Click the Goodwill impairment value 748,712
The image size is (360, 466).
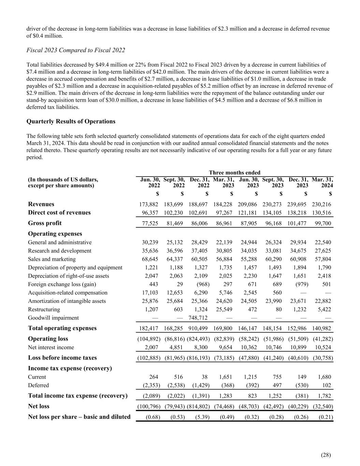point(198,318)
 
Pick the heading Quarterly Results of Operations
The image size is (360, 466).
point(71,122)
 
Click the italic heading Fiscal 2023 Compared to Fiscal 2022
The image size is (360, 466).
point(76,50)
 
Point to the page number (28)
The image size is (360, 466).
point(326,454)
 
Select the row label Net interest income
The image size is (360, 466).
point(51,348)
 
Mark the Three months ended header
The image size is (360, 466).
point(234,173)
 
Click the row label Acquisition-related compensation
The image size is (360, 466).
point(68,293)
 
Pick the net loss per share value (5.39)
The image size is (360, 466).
point(200,417)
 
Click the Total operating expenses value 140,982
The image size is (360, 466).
point(322,328)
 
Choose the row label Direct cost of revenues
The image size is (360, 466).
point(59,213)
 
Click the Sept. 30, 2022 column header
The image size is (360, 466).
point(174,182)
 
